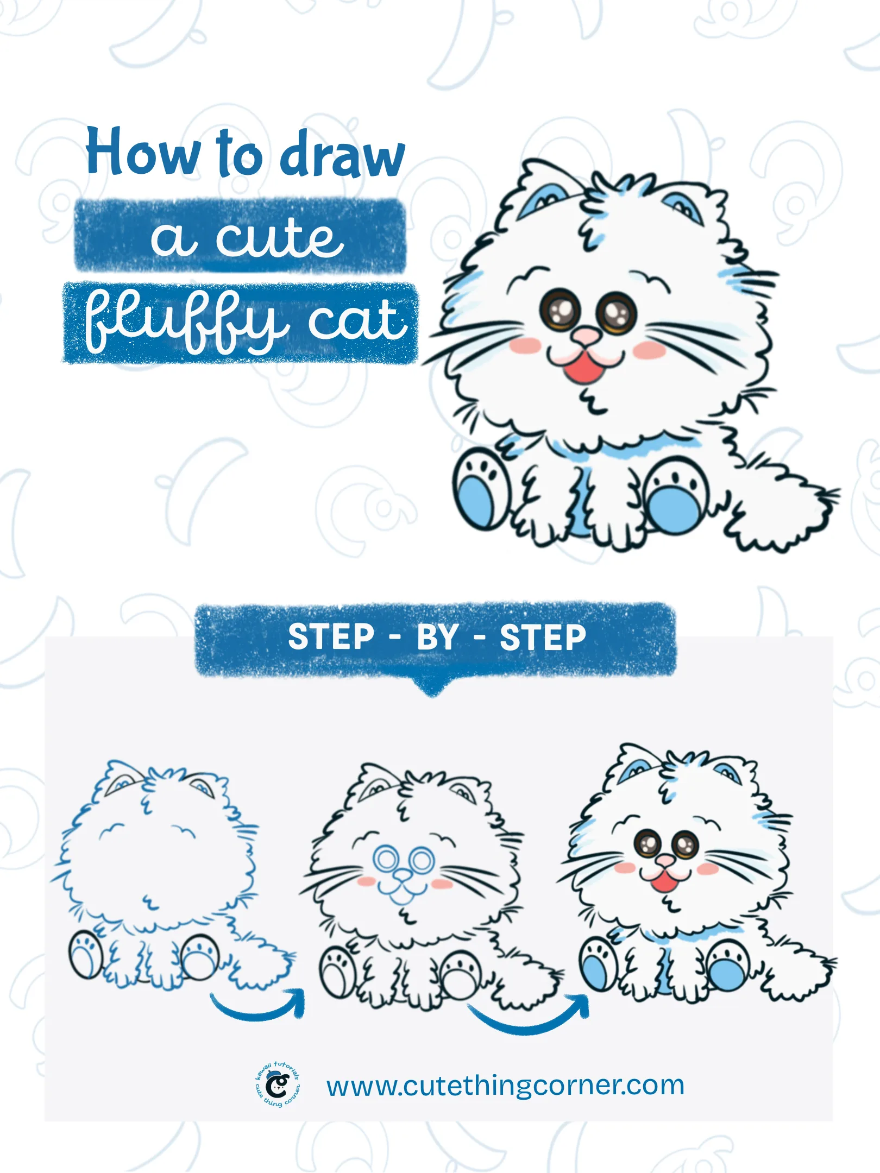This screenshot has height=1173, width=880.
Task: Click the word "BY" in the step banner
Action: pyautogui.click(x=437, y=637)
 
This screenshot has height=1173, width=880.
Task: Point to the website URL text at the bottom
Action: pyautogui.click(x=505, y=1086)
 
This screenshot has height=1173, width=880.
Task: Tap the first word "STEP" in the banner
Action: pyautogui.click(x=331, y=637)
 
